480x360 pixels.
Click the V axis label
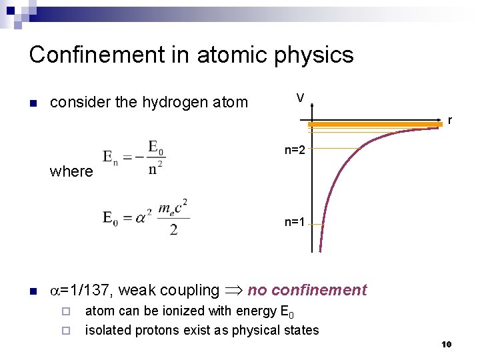[x=301, y=98]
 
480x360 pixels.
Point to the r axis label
[x=450, y=121]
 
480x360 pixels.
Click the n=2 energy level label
[x=295, y=150]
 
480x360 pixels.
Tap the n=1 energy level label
[x=295, y=223]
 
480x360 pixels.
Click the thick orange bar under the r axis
[x=375, y=125]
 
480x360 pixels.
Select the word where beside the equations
[x=71, y=171]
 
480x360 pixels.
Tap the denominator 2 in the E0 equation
[x=173, y=230]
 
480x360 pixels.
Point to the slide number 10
[x=446, y=344]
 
